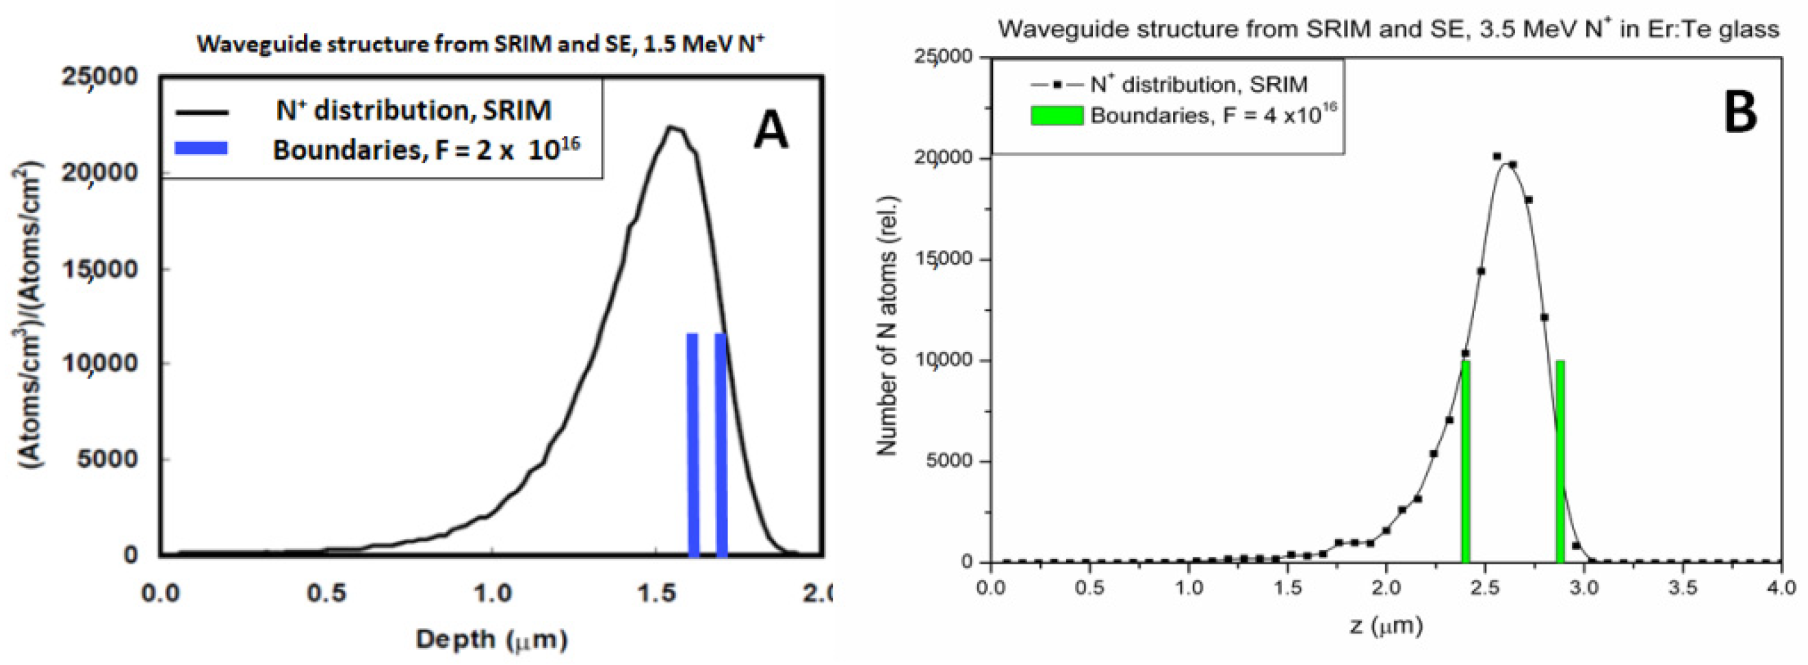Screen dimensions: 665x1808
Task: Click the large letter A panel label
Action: click(x=770, y=131)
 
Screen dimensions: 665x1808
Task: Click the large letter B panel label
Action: click(x=1740, y=112)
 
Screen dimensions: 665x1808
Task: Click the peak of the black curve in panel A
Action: click(x=673, y=128)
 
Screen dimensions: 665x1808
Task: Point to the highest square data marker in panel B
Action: click(x=1497, y=156)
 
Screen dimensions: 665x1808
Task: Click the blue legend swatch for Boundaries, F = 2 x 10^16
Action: click(x=201, y=148)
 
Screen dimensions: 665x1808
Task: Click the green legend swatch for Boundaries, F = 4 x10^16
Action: click(x=1057, y=115)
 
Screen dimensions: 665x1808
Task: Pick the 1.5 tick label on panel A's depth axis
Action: click(x=657, y=593)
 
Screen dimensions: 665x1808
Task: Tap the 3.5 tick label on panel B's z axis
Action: click(x=1682, y=586)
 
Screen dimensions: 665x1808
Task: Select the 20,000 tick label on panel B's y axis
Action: click(x=944, y=159)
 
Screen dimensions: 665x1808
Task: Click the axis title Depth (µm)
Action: click(x=491, y=639)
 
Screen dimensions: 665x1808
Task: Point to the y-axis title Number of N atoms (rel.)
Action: click(x=888, y=325)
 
